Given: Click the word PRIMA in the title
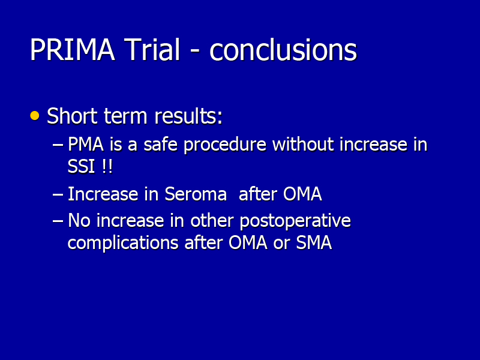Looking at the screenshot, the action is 72,50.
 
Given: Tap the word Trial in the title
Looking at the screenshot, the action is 152,49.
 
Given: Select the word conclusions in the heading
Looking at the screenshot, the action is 283,49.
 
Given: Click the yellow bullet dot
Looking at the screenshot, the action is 35,116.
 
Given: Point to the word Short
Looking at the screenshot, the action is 71,116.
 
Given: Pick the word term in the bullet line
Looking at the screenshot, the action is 125,116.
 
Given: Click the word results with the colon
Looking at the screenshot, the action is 188,116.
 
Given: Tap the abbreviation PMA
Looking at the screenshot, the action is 86,144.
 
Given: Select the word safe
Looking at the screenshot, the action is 160,144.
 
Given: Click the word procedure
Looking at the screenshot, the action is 225,145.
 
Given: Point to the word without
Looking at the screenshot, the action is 303,144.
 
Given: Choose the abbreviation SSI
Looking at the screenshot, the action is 81,167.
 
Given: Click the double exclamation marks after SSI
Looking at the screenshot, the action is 106,167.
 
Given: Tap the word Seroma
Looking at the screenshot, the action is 196,194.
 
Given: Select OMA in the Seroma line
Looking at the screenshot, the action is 302,194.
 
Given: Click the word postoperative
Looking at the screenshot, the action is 295,221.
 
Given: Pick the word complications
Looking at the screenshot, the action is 123,244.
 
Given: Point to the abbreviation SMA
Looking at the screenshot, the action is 314,243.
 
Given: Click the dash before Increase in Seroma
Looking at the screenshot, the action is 58,194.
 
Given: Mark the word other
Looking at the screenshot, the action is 212,220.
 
